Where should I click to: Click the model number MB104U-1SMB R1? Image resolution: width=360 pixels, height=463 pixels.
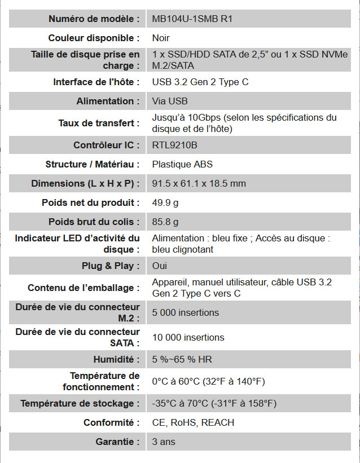pyautogui.click(x=192, y=19)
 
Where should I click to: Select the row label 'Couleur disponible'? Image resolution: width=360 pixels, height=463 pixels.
pyautogui.click(x=94, y=38)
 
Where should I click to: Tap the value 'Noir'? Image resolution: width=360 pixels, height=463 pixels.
pyautogui.click(x=161, y=38)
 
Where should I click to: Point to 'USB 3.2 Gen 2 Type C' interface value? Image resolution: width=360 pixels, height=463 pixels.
pyautogui.click(x=200, y=82)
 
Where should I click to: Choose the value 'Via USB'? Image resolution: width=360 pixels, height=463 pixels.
pyautogui.click(x=170, y=101)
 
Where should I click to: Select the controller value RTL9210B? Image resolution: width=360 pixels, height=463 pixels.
pyautogui.click(x=175, y=145)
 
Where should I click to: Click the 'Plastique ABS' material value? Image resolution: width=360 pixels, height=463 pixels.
pyautogui.click(x=182, y=164)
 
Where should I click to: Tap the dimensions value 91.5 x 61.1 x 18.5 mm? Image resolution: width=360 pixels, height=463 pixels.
pyautogui.click(x=199, y=183)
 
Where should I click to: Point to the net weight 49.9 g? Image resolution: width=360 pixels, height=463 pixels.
pyautogui.click(x=165, y=202)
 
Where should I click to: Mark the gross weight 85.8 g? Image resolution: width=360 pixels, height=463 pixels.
pyautogui.click(x=165, y=222)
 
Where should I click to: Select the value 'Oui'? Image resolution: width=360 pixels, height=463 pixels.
pyautogui.click(x=160, y=266)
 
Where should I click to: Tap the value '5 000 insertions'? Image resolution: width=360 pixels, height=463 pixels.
pyautogui.click(x=186, y=312)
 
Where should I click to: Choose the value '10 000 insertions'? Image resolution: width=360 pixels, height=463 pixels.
pyautogui.click(x=188, y=337)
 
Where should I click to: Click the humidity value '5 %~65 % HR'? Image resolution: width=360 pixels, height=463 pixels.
pyautogui.click(x=182, y=359)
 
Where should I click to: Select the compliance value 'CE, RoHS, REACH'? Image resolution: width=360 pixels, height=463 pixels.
pyautogui.click(x=193, y=422)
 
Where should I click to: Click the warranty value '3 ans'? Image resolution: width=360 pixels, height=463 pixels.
pyautogui.click(x=164, y=442)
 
